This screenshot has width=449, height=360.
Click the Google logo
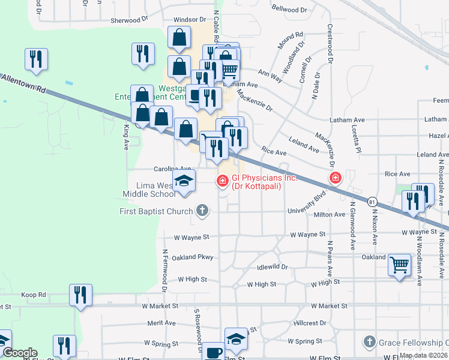tap(19, 353)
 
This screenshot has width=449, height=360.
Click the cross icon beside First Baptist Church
tap(202, 211)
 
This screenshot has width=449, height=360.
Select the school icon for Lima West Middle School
tap(185, 181)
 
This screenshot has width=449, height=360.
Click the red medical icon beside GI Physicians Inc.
tap(222, 179)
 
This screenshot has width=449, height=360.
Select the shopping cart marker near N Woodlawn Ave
tap(399, 263)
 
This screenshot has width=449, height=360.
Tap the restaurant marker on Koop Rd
tap(80, 295)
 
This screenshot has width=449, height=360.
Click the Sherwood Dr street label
tap(125, 20)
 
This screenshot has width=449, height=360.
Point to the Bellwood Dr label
tap(289, 10)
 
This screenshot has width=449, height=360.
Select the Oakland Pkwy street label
tap(193, 257)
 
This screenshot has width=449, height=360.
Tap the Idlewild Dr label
tap(273, 266)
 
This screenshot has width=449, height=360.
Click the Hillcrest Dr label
tap(310, 323)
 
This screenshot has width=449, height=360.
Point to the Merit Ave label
tap(161, 323)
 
